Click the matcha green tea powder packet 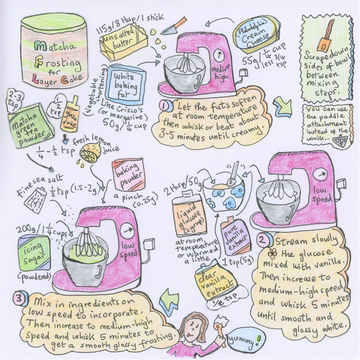[x=30, y=125]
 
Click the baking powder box [x=128, y=175]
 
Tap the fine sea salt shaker [x=35, y=200]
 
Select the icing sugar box [x=34, y=254]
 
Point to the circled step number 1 [x=165, y=106]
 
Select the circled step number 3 [x=19, y=299]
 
